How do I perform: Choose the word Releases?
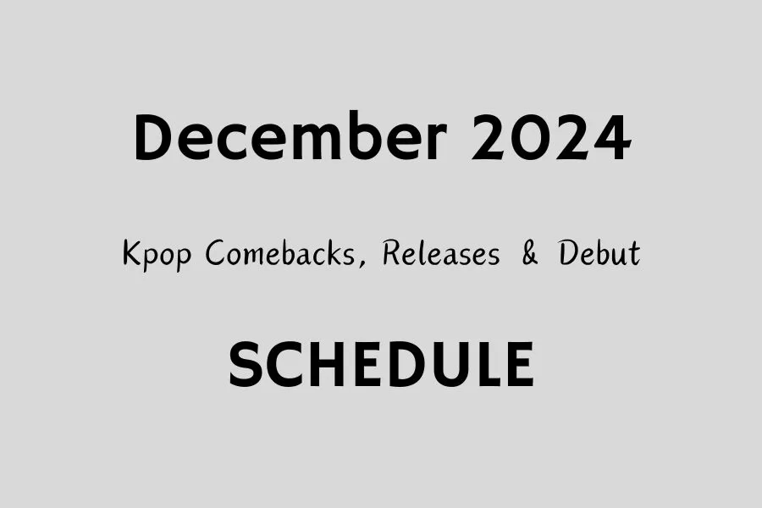coord(440,253)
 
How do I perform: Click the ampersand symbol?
coord(529,253)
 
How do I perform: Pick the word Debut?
coord(599,253)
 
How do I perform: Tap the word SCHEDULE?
coord(381,365)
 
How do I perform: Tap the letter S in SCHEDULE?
coord(246,365)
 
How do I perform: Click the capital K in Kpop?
coord(132,253)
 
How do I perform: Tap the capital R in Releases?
coord(392,253)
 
